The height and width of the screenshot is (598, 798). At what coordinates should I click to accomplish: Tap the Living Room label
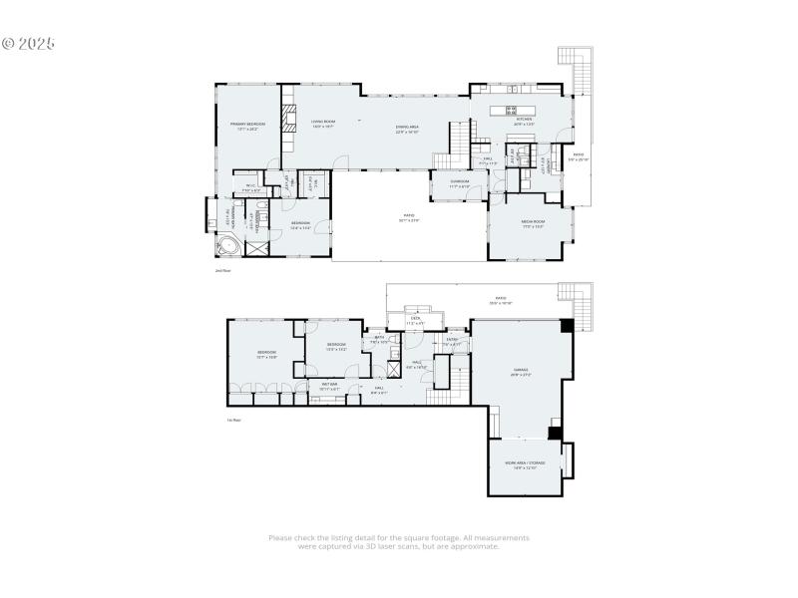point(322,124)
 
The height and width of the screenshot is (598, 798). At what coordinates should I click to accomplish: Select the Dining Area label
point(407,128)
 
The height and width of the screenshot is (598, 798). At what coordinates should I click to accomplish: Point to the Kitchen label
point(523,120)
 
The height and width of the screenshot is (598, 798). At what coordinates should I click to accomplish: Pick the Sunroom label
point(459,183)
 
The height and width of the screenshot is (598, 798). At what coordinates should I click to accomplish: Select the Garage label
point(521,370)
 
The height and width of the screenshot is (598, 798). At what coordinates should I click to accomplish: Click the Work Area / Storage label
point(525,464)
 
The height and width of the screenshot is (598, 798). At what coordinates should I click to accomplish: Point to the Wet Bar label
point(328,384)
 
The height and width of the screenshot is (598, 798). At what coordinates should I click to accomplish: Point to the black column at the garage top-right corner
point(568,325)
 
